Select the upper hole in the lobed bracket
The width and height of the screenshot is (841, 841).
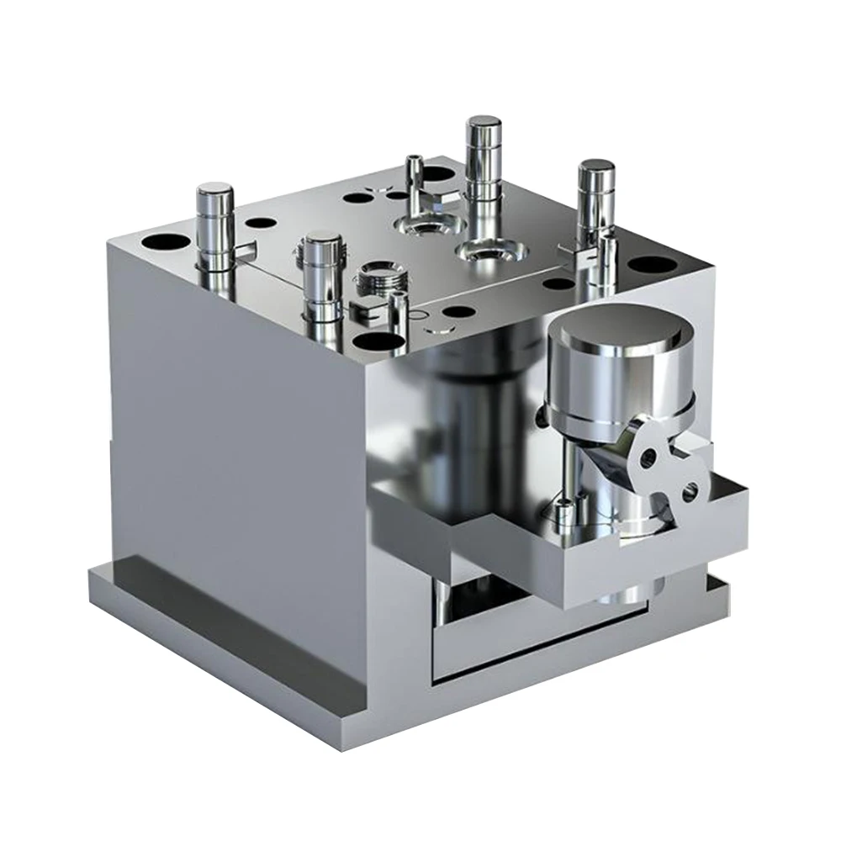(x=648, y=458)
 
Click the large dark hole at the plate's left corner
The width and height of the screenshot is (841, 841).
(x=166, y=242)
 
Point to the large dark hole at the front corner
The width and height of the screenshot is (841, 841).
(x=378, y=341)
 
